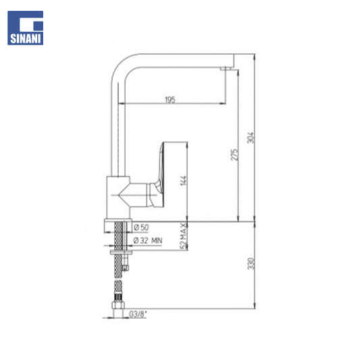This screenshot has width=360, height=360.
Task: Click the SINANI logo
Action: coord(25,28)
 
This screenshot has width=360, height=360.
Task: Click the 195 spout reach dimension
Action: coord(170,100)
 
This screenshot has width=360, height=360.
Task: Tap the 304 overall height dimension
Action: coord(251,138)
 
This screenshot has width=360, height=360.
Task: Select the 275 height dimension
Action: coord(234,155)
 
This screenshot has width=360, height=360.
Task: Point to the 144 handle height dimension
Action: coord(183,181)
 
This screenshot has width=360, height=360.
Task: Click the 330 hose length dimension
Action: coord(251,264)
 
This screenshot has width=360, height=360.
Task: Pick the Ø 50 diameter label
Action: coord(141,228)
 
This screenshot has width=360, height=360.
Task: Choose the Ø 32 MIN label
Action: coord(148,240)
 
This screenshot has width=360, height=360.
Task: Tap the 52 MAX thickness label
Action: coord(183,236)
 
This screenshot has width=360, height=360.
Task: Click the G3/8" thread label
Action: coord(138,314)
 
